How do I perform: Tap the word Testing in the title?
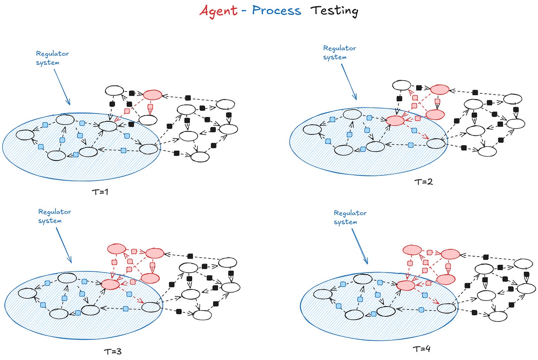click(334, 11)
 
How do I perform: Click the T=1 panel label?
click(100, 192)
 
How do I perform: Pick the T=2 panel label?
click(423, 182)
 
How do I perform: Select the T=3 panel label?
click(113, 351)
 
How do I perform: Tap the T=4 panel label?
click(422, 349)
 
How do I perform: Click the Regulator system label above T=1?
click(52, 58)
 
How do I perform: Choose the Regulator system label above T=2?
click(339, 52)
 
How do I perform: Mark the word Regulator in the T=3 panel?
click(55, 212)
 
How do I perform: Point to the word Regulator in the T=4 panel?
click(350, 213)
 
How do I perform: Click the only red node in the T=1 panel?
click(152, 95)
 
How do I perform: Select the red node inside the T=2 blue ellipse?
click(395, 120)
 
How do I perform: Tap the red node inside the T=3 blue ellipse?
click(110, 284)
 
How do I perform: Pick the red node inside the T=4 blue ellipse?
click(406, 285)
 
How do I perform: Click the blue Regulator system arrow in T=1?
click(62, 87)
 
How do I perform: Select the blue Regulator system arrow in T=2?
click(349, 82)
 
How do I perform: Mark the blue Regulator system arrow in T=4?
click(360, 246)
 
